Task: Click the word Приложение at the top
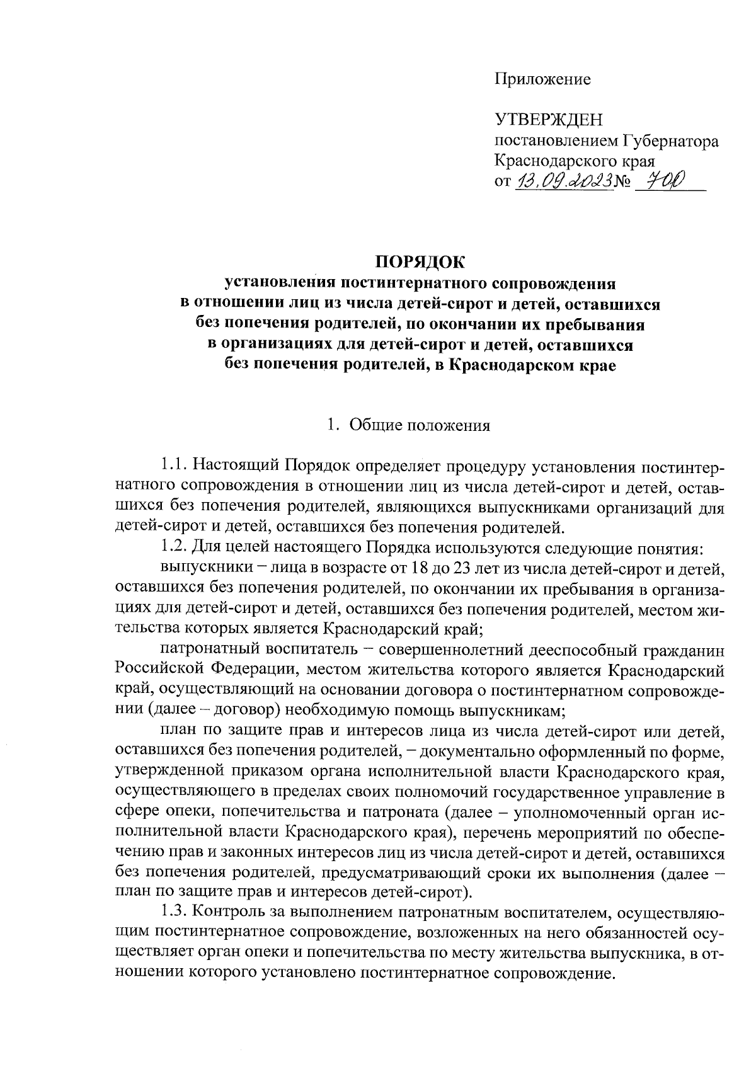tap(542, 79)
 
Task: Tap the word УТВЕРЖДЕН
tap(549, 120)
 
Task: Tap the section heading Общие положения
tap(419, 425)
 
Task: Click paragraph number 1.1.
tap(173, 466)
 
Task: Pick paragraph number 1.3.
tap(173, 912)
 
